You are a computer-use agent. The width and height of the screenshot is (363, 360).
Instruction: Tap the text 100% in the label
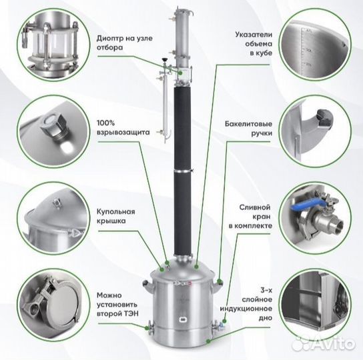106,123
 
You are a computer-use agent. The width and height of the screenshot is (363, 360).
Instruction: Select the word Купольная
115,212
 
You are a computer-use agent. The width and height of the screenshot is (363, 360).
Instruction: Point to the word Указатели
254,35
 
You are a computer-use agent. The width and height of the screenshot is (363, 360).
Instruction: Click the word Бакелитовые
248,124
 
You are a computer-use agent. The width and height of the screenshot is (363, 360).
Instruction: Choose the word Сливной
255,207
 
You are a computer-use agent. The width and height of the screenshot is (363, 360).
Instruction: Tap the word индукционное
246,309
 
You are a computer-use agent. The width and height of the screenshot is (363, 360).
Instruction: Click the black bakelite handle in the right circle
325,116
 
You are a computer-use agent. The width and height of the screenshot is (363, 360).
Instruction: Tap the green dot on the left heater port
147,327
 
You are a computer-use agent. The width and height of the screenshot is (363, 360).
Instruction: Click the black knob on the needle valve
165,60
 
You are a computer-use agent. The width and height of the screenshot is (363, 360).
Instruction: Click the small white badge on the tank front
182,319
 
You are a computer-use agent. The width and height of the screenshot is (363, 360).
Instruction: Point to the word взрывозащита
123,133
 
